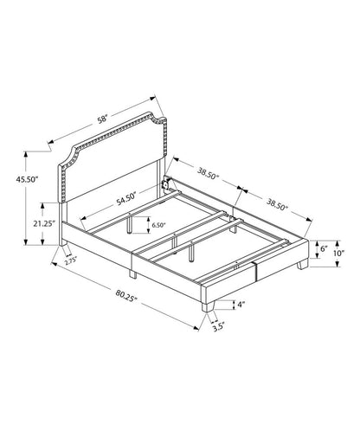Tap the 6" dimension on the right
[325, 248]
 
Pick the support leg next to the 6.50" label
[132, 226]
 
